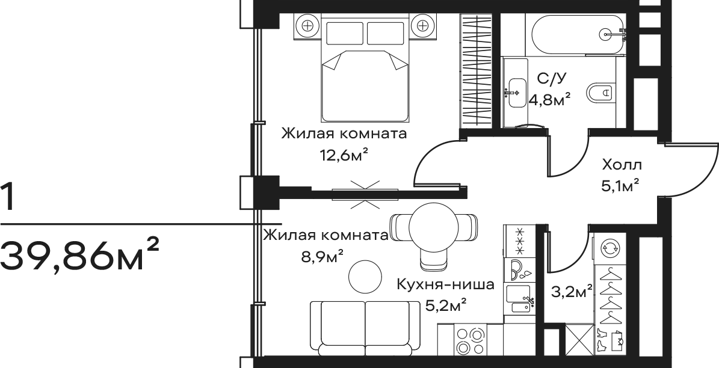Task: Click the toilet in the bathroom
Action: pyautogui.click(x=600, y=93)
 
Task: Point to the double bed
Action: pyautogui.click(x=365, y=68)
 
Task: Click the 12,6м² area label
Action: pyautogui.click(x=344, y=156)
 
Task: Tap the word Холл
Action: pyautogui.click(x=622, y=165)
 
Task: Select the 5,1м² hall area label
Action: pyautogui.click(x=620, y=186)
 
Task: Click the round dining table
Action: pyautogui.click(x=434, y=227)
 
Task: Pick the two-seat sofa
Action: pyautogui.click(x=365, y=327)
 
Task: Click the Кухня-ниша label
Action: pyautogui.click(x=446, y=285)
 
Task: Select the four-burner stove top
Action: pyautogui.click(x=470, y=340)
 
